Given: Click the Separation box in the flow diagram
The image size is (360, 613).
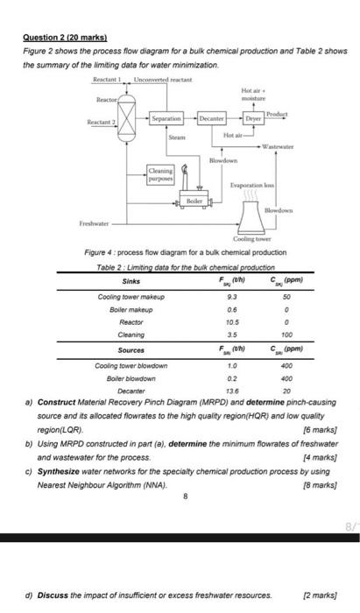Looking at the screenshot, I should click(x=166, y=117).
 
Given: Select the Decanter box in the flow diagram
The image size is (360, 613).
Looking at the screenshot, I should click(x=214, y=117).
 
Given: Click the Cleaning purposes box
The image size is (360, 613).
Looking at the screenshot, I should click(x=160, y=173).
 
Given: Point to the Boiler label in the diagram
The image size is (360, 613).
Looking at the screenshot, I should click(x=194, y=201).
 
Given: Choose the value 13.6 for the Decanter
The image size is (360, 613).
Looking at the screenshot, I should click(x=231, y=390).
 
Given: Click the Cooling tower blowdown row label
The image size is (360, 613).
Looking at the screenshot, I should click(x=131, y=364).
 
